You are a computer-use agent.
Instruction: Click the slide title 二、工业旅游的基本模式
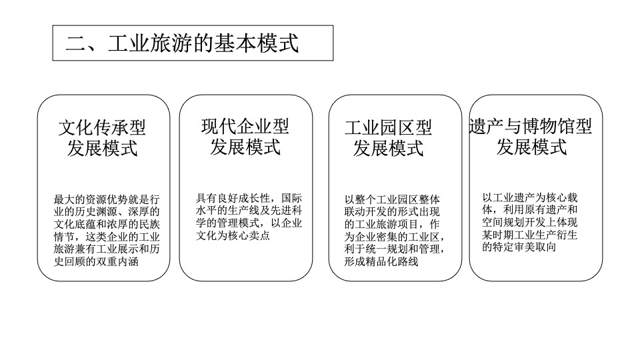182,43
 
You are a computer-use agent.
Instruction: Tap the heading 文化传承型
102,127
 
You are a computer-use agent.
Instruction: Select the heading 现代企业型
245,126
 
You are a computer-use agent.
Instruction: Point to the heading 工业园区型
388,128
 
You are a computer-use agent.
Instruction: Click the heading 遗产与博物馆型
531,126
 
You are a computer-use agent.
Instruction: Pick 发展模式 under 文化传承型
102,148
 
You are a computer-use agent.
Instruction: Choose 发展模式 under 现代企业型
245,147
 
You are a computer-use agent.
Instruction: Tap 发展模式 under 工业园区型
388,148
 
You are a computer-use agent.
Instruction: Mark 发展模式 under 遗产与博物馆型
531,147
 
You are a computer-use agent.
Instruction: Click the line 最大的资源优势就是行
107,199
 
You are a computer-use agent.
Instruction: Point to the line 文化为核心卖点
233,235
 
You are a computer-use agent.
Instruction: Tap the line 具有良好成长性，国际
249,198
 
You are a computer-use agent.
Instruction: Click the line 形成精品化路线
381,261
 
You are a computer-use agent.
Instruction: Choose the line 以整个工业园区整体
393,199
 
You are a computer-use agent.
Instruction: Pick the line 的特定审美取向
519,247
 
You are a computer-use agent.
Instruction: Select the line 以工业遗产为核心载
530,198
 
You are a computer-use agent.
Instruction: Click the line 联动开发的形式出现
393,211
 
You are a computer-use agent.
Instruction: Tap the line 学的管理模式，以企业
249,223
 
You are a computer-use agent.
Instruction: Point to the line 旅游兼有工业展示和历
107,249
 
